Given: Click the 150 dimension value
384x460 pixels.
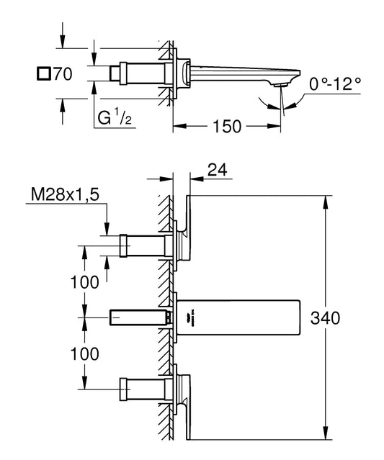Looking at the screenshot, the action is (x=227, y=127).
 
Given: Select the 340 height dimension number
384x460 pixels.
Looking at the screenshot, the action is (x=325, y=318).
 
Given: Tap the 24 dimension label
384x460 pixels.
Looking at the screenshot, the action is (x=218, y=170).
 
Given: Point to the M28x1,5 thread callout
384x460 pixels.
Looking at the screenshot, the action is (x=65, y=194).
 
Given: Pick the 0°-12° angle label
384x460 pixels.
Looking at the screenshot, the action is (x=335, y=84).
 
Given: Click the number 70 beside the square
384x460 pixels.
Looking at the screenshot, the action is (x=63, y=73).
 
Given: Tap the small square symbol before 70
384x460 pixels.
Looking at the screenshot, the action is (x=44, y=73).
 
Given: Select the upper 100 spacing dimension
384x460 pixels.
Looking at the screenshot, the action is (x=84, y=282).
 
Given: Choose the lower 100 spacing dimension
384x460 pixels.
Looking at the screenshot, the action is (x=84, y=353).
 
